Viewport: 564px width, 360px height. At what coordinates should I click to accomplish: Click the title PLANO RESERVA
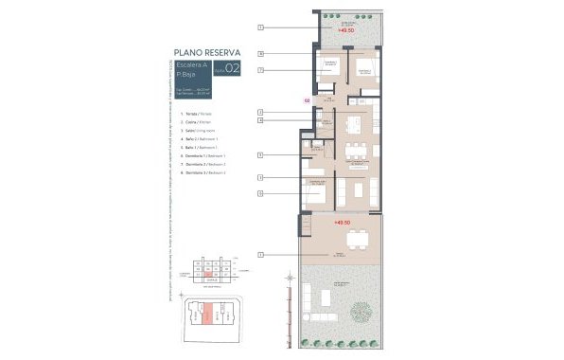[207, 52]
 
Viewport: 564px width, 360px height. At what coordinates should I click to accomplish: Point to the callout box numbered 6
[259, 54]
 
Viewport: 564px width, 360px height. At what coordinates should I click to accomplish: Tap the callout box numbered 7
[259, 70]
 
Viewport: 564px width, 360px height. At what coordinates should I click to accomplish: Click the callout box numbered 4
[259, 121]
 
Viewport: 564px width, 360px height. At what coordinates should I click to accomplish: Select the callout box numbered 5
[259, 154]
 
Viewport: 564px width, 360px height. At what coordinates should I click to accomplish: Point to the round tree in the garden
[361, 312]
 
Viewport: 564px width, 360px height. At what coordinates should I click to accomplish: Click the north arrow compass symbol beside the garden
[289, 278]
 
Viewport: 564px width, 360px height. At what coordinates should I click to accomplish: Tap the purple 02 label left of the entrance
[307, 99]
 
